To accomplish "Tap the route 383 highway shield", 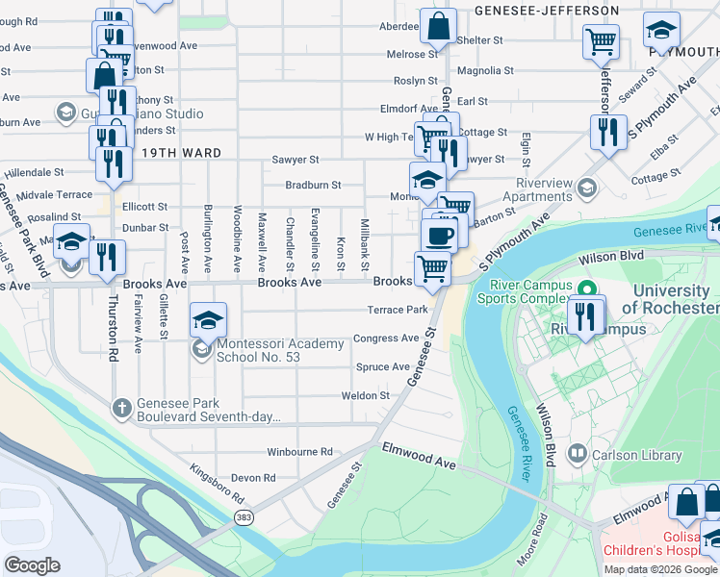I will click(243, 517).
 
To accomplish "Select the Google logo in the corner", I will click(32, 565).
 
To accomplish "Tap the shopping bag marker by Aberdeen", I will click(438, 29).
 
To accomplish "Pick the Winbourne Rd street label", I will click(299, 451).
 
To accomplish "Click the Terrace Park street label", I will click(397, 310).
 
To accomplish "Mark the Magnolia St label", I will click(485, 70).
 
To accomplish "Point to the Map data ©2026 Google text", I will click(660, 569).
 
